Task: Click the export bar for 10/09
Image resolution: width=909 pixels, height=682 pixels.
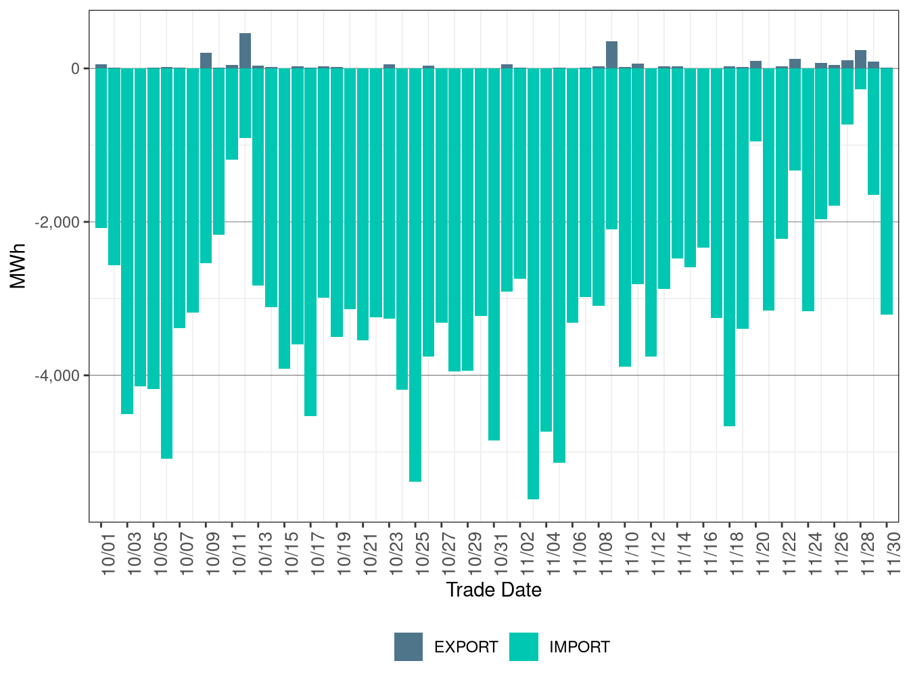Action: pyautogui.click(x=206, y=61)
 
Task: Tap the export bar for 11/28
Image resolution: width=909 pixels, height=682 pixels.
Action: pyautogui.click(x=860, y=60)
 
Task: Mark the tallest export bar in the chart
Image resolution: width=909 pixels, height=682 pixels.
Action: pyautogui.click(x=245, y=51)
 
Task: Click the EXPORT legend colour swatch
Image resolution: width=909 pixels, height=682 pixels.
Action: pyautogui.click(x=409, y=647)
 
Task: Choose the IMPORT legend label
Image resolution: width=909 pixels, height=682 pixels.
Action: pyautogui.click(x=579, y=647)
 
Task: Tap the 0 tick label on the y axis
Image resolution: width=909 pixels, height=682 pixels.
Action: pyautogui.click(x=75, y=68)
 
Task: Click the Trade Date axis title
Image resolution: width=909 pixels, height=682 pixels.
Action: pyautogui.click(x=494, y=590)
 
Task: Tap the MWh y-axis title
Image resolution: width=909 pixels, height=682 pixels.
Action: pyautogui.click(x=18, y=266)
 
